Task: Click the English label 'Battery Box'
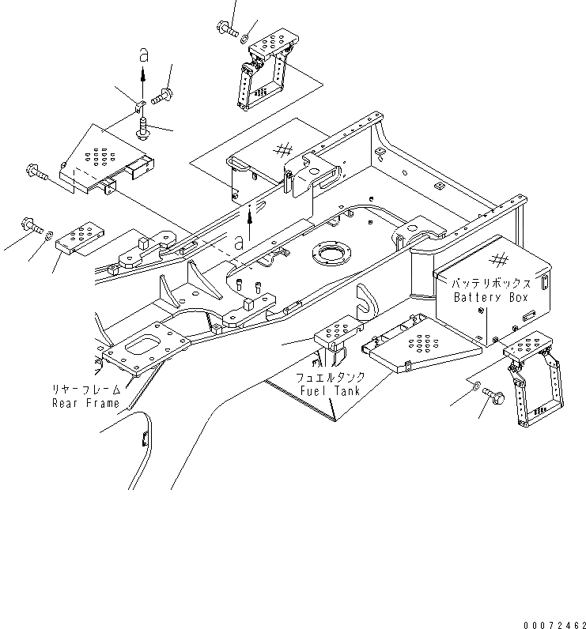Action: (x=490, y=297)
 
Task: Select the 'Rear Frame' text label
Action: (x=85, y=403)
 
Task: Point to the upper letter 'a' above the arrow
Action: (x=143, y=55)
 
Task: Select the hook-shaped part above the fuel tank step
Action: (x=365, y=299)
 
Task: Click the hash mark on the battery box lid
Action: (x=498, y=259)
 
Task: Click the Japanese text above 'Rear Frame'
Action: (x=85, y=390)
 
